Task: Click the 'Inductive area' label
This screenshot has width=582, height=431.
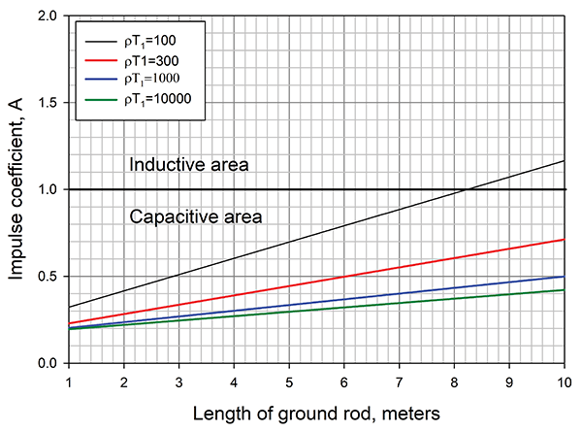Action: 189,164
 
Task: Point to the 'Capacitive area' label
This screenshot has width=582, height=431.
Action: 195,215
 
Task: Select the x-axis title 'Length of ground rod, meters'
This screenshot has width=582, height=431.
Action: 316,413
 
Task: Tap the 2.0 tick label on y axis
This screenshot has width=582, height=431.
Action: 46,17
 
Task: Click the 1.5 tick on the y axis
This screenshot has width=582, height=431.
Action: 46,103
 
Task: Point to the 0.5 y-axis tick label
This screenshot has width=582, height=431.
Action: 46,277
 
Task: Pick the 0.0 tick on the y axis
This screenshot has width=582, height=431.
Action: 46,363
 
